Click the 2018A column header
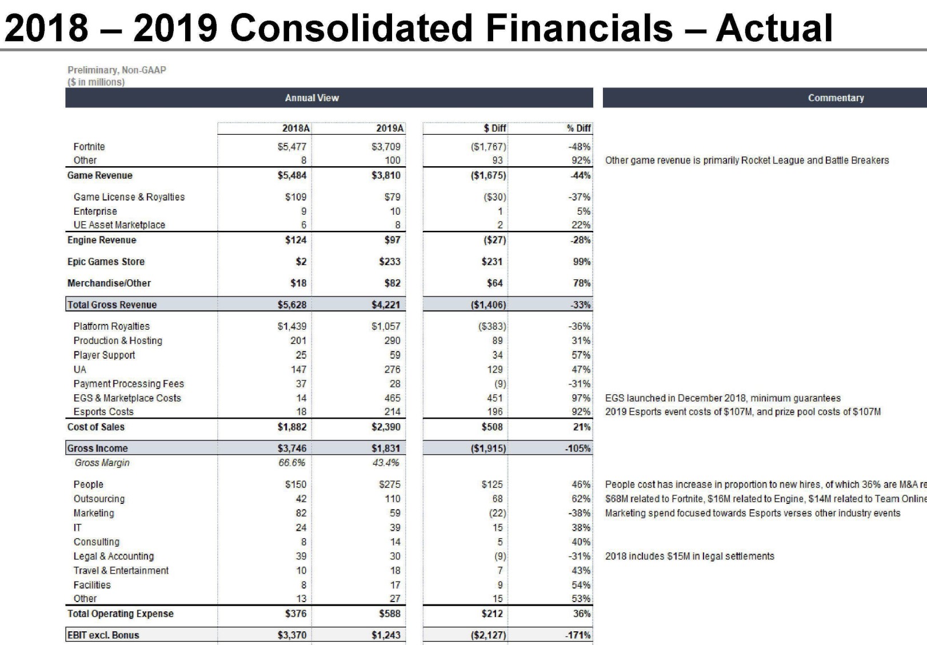pos(295,129)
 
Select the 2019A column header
pos(390,129)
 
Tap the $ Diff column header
pos(495,129)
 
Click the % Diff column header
pos(579,129)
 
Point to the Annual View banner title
pos(312,98)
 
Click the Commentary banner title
pos(836,98)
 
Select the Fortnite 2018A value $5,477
pos(292,147)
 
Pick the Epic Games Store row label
pos(106,262)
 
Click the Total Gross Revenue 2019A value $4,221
pos(386,305)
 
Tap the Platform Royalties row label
pos(111,326)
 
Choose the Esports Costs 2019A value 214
pos(392,412)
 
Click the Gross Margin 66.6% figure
pos(291,463)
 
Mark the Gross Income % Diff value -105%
pos(578,448)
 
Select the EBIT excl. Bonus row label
pos(103,635)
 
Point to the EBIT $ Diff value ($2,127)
pos(489,635)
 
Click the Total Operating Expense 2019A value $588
pos(390,614)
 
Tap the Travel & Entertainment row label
pos(121,570)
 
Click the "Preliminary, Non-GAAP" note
pos(117,70)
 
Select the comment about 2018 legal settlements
pos(690,556)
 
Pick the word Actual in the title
pos(774,27)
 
